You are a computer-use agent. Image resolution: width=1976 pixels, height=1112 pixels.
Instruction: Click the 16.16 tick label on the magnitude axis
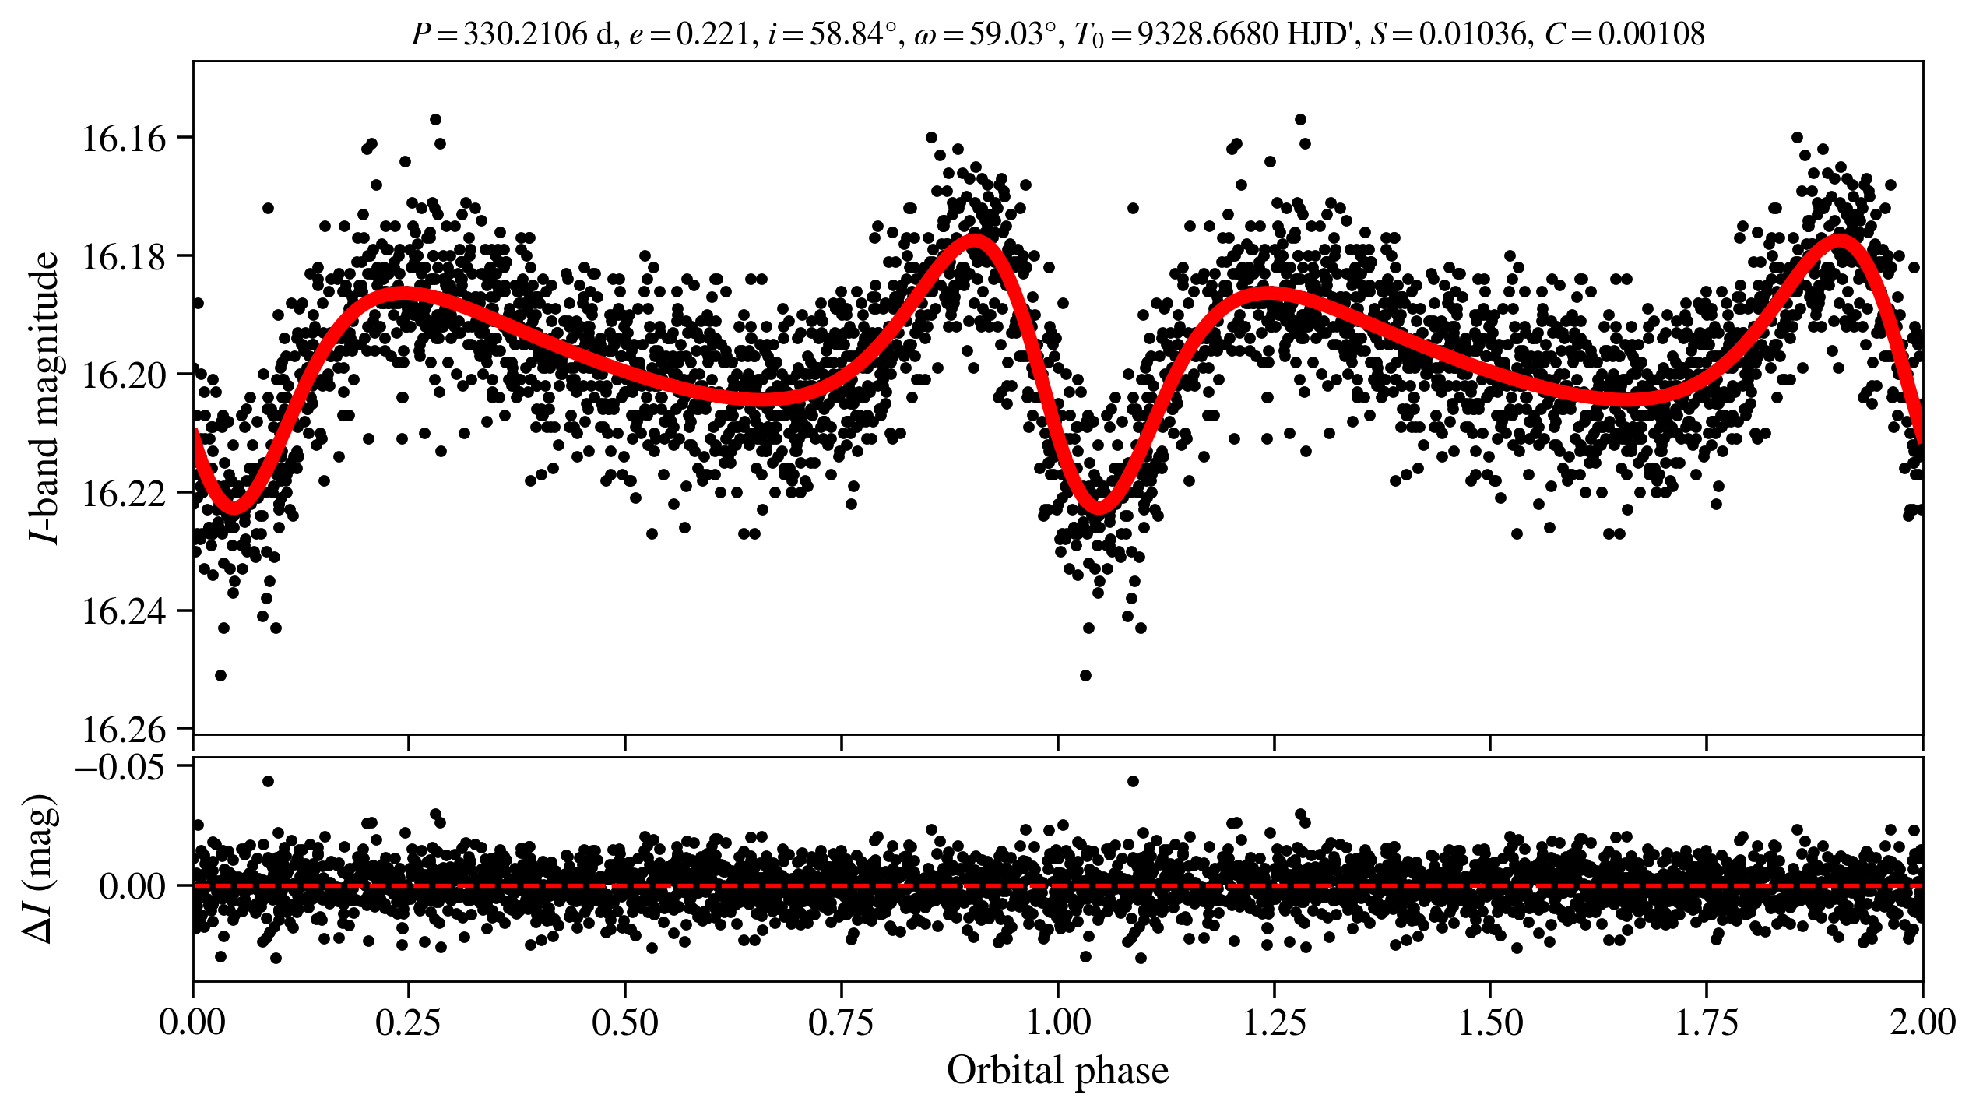124,139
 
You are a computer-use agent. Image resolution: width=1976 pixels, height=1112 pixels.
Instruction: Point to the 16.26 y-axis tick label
124,730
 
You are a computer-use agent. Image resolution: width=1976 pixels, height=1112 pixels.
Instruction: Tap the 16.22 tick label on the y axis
124,494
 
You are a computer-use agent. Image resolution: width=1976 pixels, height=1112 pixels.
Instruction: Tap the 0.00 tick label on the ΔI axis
132,886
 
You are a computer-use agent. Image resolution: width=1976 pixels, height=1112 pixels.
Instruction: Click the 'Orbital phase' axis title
1057,1072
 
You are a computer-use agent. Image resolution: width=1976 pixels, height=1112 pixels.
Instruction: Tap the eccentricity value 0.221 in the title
712,34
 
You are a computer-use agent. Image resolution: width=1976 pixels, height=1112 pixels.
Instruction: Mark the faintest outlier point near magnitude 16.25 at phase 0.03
220,675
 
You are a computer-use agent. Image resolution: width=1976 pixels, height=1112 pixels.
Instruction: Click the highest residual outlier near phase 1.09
1133,781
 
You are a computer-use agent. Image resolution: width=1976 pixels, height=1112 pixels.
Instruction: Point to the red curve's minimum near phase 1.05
1099,508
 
